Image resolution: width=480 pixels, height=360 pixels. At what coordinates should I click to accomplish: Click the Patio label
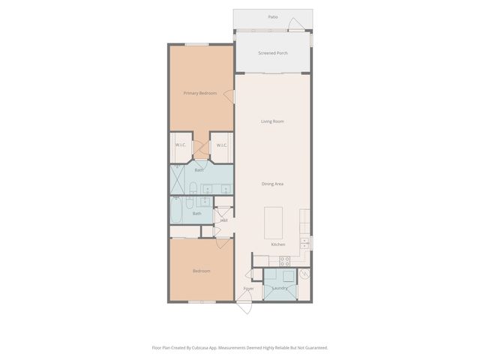tap(272, 16)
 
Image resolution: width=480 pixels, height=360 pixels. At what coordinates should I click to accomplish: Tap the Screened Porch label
tap(272, 53)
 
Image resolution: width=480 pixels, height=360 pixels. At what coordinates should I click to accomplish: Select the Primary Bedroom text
tap(200, 93)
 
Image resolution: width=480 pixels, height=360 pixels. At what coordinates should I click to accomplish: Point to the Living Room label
tap(272, 121)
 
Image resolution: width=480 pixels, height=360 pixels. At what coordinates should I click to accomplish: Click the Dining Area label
tap(272, 184)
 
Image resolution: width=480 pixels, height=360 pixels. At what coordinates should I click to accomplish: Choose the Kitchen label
tap(277, 245)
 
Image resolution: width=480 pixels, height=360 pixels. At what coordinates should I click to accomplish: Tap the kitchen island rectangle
tap(274, 221)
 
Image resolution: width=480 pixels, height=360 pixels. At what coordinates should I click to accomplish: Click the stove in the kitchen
tap(285, 261)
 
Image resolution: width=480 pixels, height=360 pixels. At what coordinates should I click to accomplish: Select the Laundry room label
tap(281, 288)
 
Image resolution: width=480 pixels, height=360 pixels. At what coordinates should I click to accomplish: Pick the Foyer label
tap(248, 288)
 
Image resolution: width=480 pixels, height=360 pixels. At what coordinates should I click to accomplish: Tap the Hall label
tap(223, 220)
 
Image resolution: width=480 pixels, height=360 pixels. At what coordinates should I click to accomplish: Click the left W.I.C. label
tap(181, 145)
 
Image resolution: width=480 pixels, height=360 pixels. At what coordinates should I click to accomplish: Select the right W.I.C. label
tap(222, 145)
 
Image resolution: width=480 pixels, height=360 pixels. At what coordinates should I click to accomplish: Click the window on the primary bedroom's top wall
tap(197, 44)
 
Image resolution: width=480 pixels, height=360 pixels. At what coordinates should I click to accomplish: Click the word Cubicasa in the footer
tap(211, 348)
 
